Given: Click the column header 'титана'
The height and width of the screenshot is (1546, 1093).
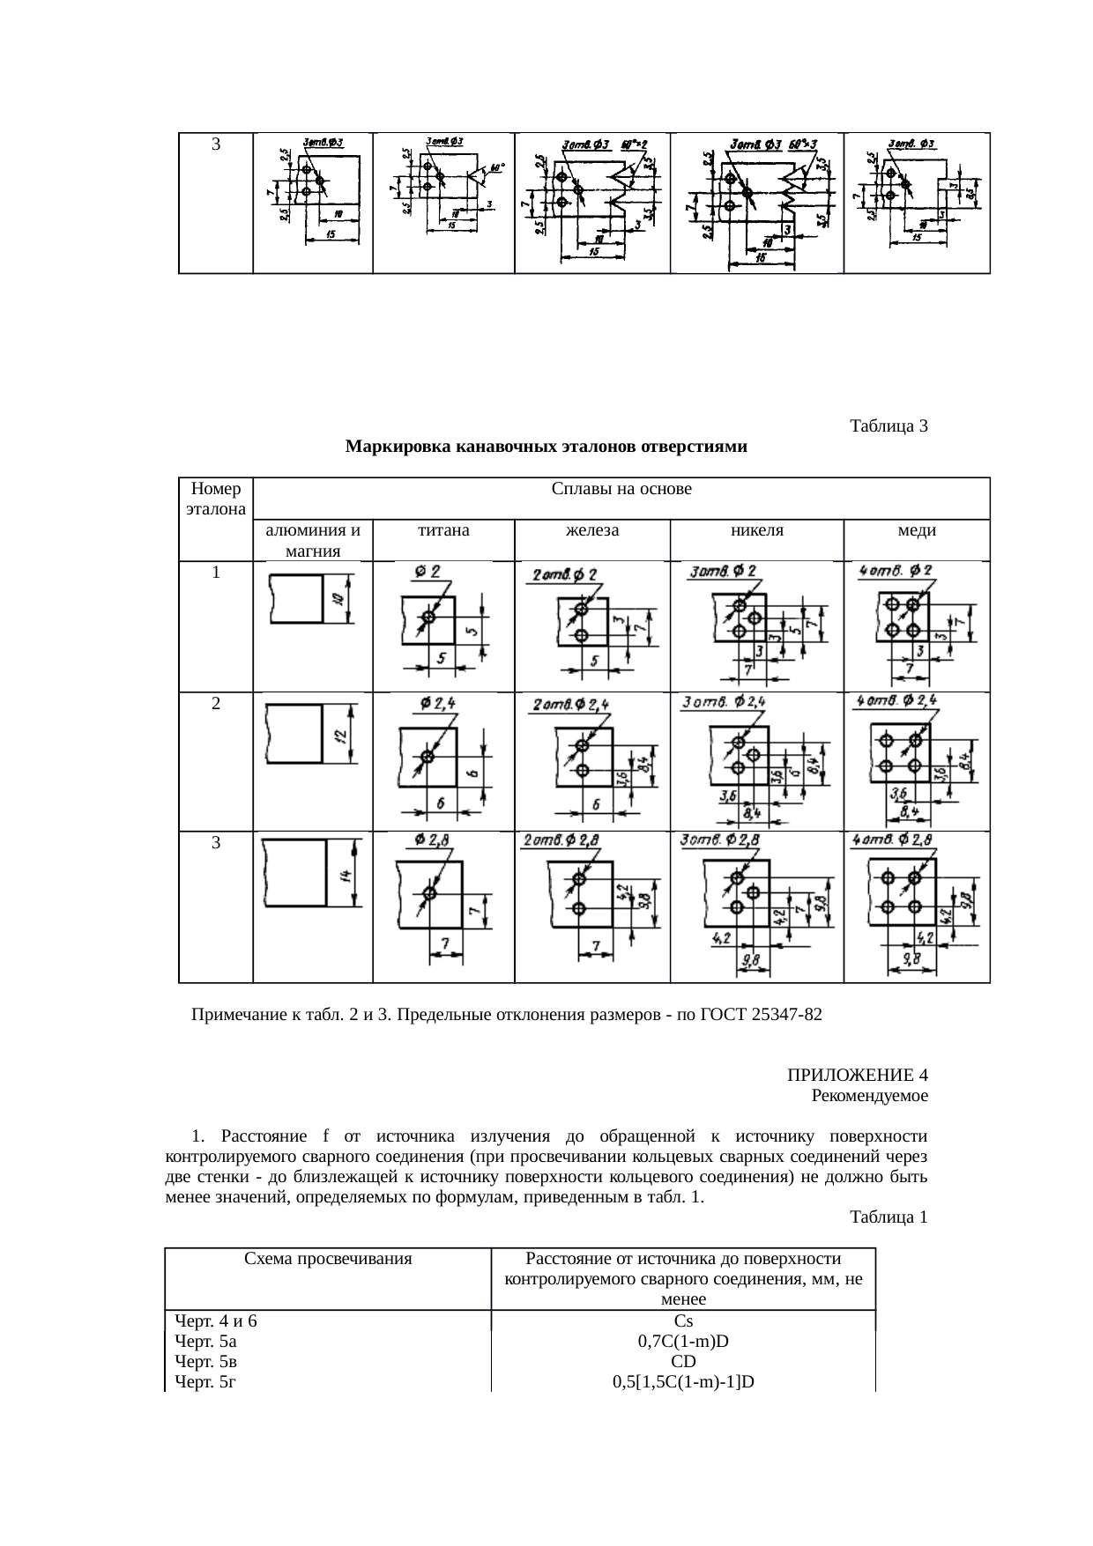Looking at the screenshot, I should tap(443, 531).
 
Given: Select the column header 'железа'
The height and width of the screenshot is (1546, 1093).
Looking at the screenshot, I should tap(591, 531).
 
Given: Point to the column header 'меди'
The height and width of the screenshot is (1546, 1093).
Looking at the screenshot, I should tap(917, 531).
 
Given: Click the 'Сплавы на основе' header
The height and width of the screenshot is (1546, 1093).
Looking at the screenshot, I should tap(621, 489).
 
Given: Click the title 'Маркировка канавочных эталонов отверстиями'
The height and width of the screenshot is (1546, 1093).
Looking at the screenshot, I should tap(546, 447).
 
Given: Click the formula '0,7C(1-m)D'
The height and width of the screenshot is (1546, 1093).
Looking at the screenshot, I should tap(683, 1342).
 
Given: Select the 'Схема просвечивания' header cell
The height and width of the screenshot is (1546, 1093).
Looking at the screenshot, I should tap(328, 1259).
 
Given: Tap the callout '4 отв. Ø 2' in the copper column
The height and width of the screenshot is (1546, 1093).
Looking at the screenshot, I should tap(896, 571).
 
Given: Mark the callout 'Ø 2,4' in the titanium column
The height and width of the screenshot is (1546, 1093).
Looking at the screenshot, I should tap(438, 703).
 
